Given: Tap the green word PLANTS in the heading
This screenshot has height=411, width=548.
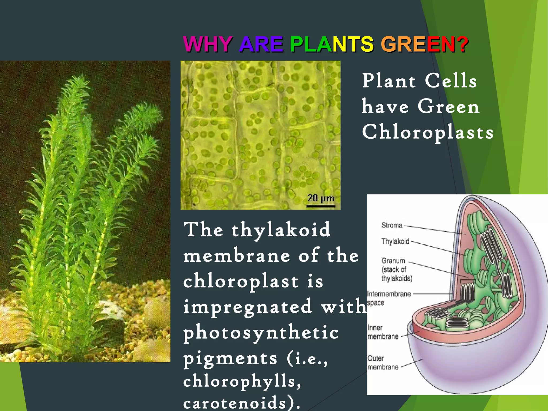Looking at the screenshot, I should pos(332,44).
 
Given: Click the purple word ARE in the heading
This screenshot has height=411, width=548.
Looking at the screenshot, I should pos(261,44).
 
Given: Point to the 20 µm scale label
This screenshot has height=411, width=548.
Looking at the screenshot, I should pos(321,198).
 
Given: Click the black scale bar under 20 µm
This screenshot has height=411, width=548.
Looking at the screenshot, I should pos(321,206).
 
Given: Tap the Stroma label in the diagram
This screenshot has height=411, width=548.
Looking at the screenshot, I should pos(392,225).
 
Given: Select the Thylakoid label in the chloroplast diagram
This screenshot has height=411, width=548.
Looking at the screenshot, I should pos(395,241).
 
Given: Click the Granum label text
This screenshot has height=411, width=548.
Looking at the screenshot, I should pos(393,261).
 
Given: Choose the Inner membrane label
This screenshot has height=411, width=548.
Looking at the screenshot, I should pos(383,332).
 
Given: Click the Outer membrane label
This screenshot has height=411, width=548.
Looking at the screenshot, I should pos(383,363).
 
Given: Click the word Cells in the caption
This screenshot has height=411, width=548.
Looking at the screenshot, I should pos(451,81).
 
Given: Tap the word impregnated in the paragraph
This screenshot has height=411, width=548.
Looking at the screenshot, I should pos(248,307).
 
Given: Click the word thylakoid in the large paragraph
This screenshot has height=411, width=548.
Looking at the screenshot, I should pos(281,230).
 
